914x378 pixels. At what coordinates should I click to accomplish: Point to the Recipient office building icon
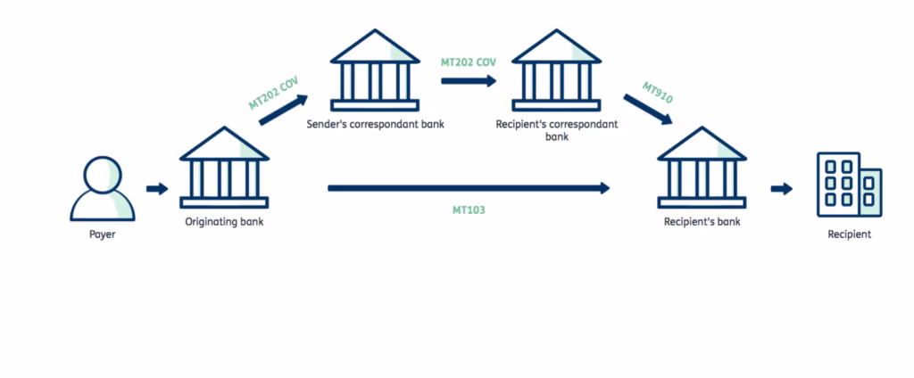pyautogui.click(x=848, y=185)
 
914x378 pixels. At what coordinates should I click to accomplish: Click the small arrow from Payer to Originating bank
pyautogui.click(x=156, y=188)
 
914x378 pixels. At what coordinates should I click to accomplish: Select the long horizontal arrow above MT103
pyautogui.click(x=469, y=188)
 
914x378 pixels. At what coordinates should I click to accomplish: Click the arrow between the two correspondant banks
pyautogui.click(x=469, y=80)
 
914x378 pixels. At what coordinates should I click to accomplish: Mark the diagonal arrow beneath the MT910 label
pyautogui.click(x=648, y=112)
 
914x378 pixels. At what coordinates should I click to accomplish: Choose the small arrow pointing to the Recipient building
pyautogui.click(x=781, y=188)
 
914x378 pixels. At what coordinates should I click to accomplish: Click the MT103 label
pyautogui.click(x=469, y=210)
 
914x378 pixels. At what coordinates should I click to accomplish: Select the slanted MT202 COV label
pyautogui.click(x=273, y=93)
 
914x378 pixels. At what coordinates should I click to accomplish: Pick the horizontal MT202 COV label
pyautogui.click(x=469, y=62)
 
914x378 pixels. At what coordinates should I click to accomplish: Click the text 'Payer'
pyautogui.click(x=103, y=234)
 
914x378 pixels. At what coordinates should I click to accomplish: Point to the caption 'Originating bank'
pyautogui.click(x=223, y=221)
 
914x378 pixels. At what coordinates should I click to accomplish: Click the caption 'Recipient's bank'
pyautogui.click(x=702, y=221)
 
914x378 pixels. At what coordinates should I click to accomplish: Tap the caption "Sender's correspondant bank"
pyautogui.click(x=375, y=124)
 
